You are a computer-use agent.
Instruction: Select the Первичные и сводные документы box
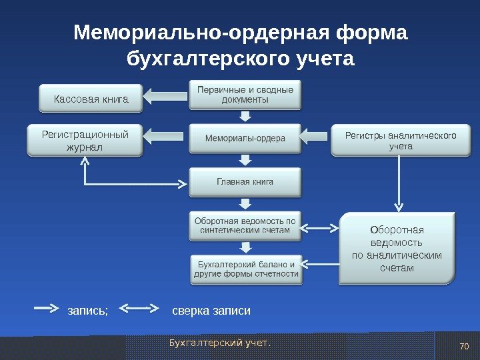click(245, 95)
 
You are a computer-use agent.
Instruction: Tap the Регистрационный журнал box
click(85, 140)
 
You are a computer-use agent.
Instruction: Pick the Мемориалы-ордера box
click(245, 138)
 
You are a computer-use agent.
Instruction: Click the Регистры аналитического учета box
click(400, 140)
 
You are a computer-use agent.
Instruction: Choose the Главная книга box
click(245, 182)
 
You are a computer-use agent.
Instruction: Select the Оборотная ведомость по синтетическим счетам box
click(245, 225)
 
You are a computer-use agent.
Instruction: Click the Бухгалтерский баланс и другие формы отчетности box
click(245, 269)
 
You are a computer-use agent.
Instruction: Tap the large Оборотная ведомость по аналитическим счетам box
click(397, 249)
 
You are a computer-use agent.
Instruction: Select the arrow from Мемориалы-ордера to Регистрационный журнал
click(167, 137)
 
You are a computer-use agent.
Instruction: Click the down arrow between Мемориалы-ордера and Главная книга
click(245, 160)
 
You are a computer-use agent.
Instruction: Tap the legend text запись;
click(87, 310)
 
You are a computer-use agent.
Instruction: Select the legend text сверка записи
click(211, 310)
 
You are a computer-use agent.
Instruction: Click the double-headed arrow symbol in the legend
click(139, 309)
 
